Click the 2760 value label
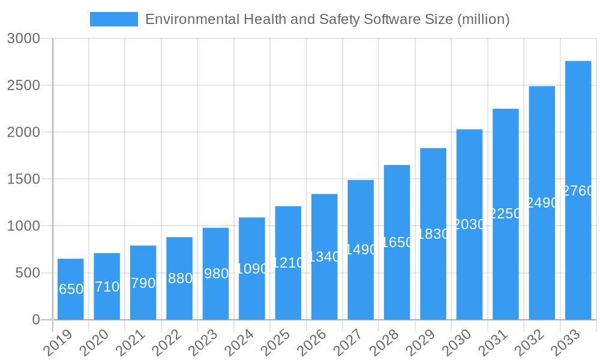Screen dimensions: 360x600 click(x=578, y=191)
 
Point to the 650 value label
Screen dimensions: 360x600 click(x=71, y=289)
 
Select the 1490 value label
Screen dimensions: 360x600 click(x=361, y=249)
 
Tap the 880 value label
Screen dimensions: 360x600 click(x=179, y=278)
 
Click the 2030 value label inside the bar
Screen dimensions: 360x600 click(x=469, y=224)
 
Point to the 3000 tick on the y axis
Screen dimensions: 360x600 click(x=23, y=38)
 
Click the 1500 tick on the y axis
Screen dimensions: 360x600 click(x=23, y=179)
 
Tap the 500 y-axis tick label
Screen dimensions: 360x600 click(x=27, y=273)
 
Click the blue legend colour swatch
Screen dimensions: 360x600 click(x=113, y=19)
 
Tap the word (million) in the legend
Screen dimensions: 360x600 click(x=483, y=19)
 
